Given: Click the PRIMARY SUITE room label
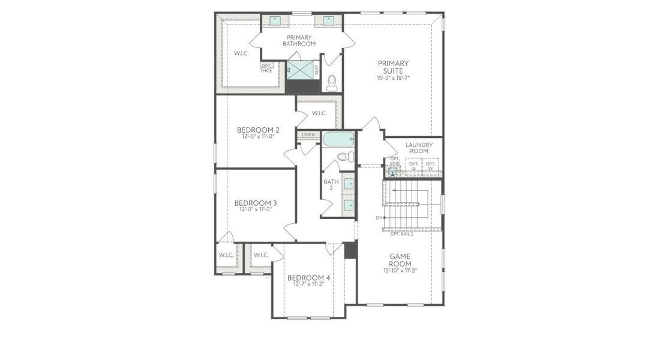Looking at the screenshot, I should [x=393, y=67].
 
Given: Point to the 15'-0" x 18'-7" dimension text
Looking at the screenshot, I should [x=393, y=78].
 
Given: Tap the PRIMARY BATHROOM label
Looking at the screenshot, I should [x=298, y=40].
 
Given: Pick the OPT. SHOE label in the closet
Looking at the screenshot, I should [x=266, y=68].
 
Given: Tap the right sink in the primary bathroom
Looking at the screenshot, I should [x=328, y=20].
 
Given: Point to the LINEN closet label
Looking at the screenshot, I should [x=308, y=135].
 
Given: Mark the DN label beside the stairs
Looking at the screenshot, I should [x=379, y=218].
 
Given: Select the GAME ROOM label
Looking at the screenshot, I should [x=399, y=259].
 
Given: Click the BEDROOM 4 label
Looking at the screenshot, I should [x=308, y=277].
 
